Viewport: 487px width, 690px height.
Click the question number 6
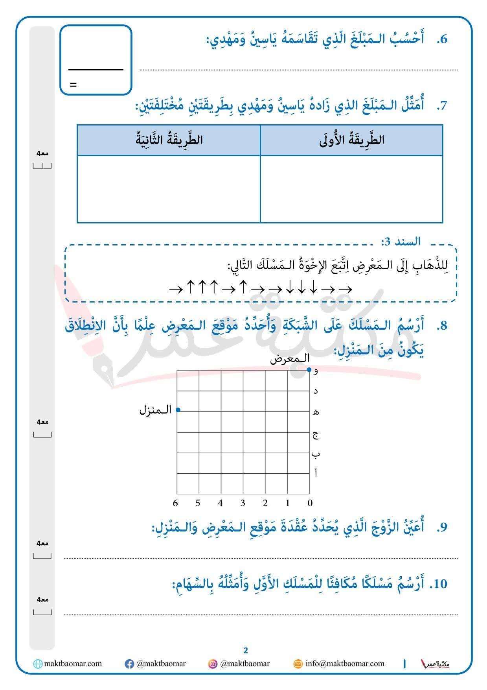click(x=442, y=39)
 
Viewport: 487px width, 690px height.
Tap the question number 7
click(x=442, y=106)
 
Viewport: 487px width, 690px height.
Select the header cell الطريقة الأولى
click(x=352, y=140)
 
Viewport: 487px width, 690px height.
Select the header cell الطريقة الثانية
click(x=169, y=140)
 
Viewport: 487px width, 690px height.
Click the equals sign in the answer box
click(x=73, y=85)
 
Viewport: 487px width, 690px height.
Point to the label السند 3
click(x=401, y=241)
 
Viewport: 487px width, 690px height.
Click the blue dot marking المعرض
click(x=309, y=370)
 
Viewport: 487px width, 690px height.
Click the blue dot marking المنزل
click(x=178, y=410)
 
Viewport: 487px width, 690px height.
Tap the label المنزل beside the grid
click(x=156, y=410)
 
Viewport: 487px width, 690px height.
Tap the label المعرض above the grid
click(x=290, y=359)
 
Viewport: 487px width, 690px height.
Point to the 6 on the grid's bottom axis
click(x=175, y=503)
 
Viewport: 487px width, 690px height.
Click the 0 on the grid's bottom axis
click(x=310, y=503)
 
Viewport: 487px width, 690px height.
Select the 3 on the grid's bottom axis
click(x=243, y=503)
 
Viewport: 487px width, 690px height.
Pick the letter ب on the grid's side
click(x=316, y=454)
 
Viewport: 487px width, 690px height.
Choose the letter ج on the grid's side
click(x=316, y=434)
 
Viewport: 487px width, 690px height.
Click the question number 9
click(x=442, y=527)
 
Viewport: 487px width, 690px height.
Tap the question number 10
click(x=438, y=584)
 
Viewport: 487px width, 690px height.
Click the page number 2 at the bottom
click(x=246, y=650)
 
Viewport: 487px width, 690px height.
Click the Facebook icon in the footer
click(x=129, y=664)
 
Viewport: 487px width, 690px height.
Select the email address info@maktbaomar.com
click(x=345, y=664)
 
